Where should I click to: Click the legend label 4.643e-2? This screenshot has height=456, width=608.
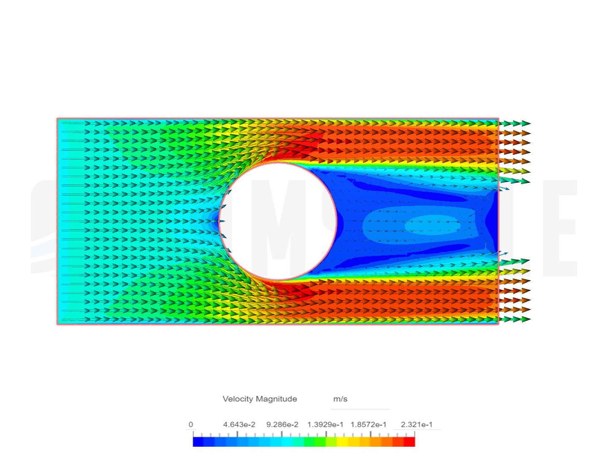239,424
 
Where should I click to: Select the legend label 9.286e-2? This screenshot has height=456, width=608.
282,424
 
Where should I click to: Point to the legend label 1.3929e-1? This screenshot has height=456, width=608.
325,424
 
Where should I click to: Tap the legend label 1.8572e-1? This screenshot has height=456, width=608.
369,424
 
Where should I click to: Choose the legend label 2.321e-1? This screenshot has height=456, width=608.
417,424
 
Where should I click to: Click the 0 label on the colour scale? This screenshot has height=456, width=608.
190,424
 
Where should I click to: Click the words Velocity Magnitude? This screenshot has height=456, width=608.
260,399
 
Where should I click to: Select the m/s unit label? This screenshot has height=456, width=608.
340,399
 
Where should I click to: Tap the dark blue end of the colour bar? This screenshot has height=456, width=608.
198,442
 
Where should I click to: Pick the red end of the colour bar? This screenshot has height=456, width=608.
410,442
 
